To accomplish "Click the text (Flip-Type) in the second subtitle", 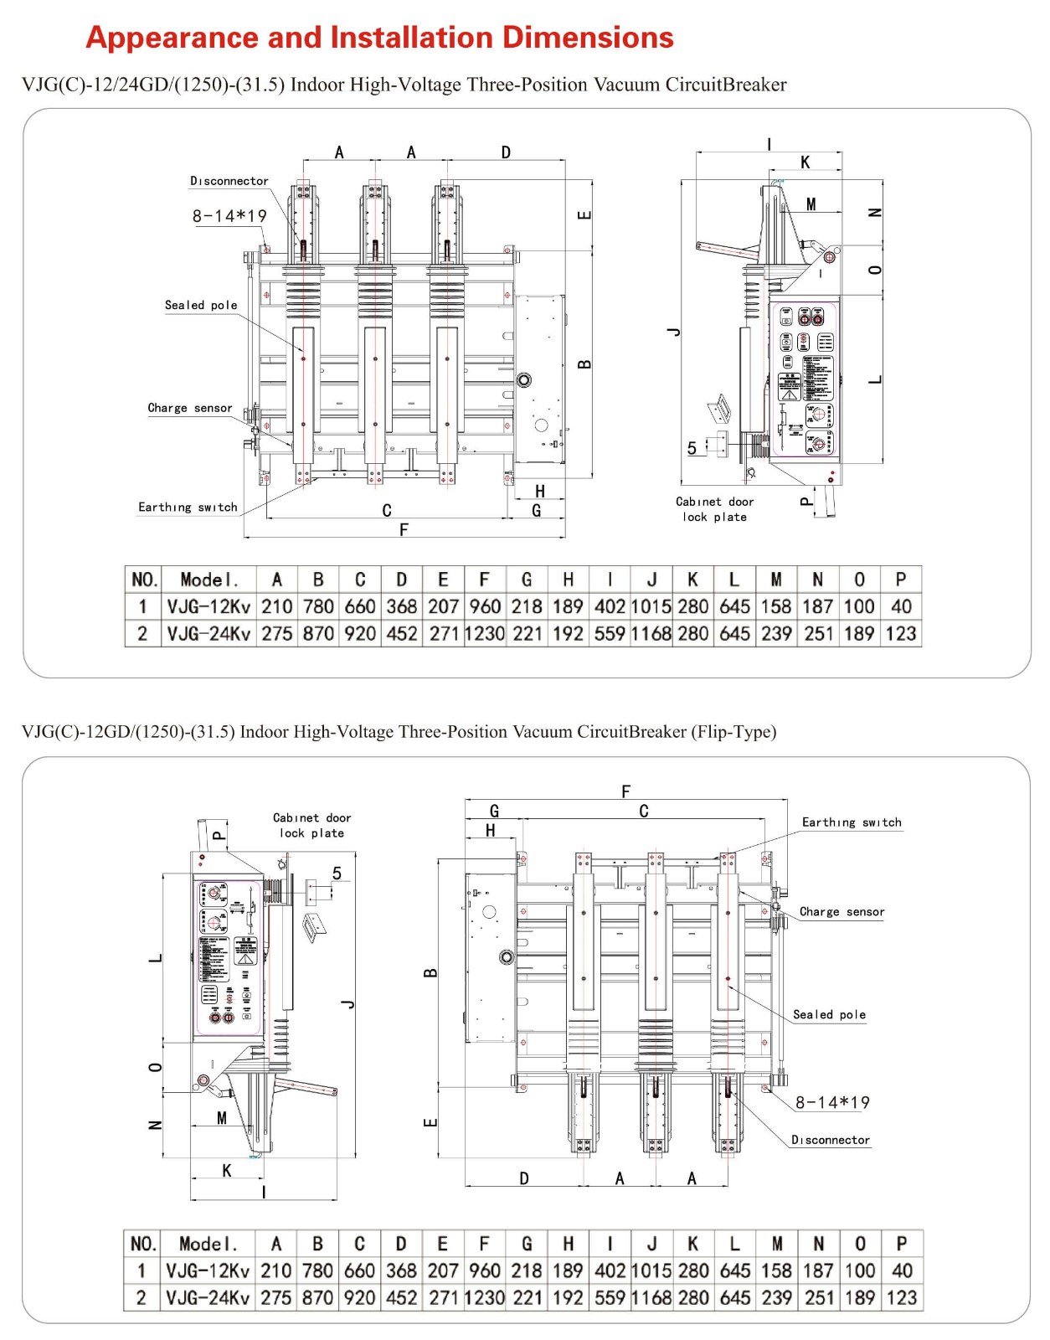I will point(733,732).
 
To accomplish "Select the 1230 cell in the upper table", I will point(485,634).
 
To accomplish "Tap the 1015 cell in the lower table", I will point(651,1270).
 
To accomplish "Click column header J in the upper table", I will point(651,580).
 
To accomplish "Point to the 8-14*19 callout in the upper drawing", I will point(229,216).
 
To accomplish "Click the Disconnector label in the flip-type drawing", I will point(831,1140).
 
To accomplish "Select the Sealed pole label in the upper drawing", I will point(201,306).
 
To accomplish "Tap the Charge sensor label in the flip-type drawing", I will point(842,911).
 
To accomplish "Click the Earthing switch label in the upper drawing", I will point(188,507).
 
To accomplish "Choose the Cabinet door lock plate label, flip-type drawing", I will point(311,825).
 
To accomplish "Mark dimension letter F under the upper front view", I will point(404,529).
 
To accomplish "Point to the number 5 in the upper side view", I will point(692,448).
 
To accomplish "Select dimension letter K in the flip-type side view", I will point(227,1170).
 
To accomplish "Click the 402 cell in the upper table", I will point(610,606).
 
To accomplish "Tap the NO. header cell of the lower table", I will point(143,1244).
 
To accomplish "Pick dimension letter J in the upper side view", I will point(675,332).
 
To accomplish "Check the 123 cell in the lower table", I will point(901,1298).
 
